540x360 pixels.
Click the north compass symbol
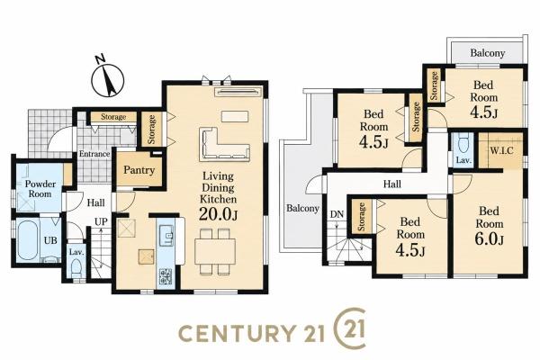(107, 79)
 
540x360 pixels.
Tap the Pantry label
(139, 170)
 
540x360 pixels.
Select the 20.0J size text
(219, 214)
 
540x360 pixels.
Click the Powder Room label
(40, 189)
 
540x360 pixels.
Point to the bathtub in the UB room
(27, 239)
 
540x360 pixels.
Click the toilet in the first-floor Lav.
(76, 267)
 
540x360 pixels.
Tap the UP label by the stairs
(101, 221)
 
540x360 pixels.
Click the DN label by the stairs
(337, 214)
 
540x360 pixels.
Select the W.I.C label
(501, 150)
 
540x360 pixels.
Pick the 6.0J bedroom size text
(489, 239)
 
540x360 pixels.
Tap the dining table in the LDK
(215, 251)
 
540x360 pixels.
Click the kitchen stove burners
(166, 275)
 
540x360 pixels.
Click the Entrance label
(94, 154)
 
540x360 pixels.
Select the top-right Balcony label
(487, 53)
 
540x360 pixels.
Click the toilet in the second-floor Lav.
(463, 145)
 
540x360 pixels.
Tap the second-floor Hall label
(392, 184)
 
